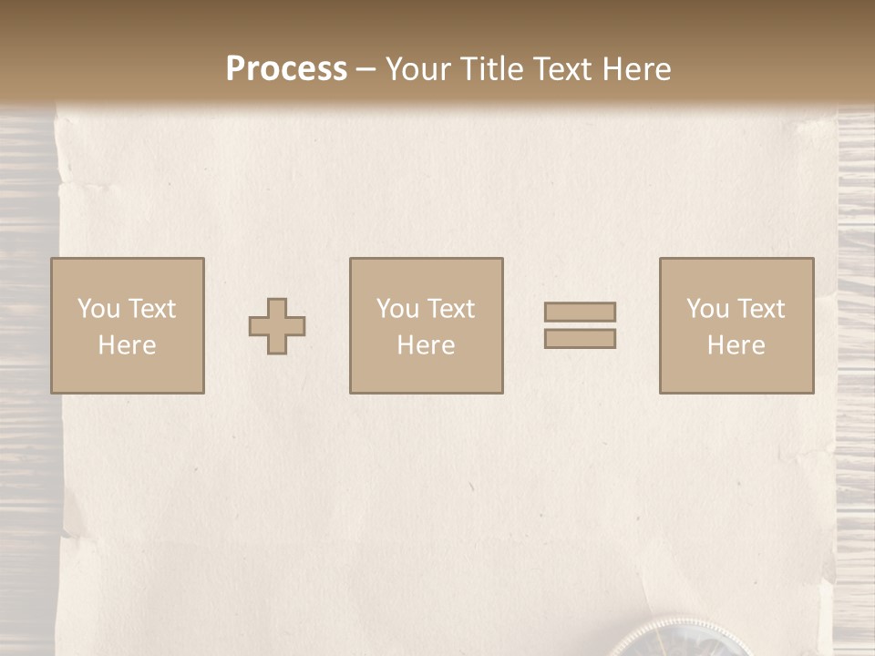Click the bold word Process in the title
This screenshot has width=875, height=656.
click(286, 69)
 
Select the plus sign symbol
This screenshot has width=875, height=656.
click(277, 326)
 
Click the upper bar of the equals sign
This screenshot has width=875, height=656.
click(580, 312)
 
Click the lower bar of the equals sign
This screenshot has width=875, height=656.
click(580, 338)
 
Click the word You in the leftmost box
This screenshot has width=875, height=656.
click(98, 309)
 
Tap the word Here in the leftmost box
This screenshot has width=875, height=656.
click(127, 345)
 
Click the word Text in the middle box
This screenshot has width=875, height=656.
click(451, 309)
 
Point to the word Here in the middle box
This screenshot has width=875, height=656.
click(426, 345)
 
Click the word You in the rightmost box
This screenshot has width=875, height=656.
click(706, 309)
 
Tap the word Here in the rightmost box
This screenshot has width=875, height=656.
click(736, 345)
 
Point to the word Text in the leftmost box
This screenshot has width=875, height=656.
click(151, 309)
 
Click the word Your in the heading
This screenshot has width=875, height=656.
click(416, 69)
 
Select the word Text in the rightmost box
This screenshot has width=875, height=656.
click(761, 309)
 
